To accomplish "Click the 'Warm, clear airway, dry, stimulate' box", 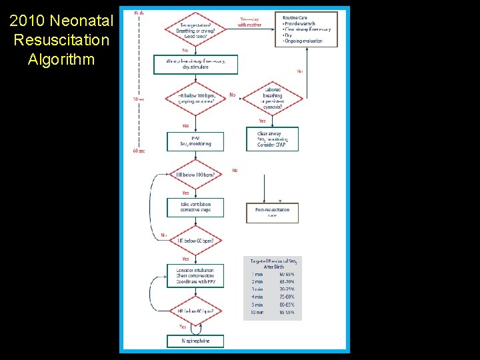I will pos(195,65).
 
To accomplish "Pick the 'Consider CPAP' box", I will pos(272,139).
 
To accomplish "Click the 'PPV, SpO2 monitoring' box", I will pos(195,141).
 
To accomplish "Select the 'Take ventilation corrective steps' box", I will pos(195,207).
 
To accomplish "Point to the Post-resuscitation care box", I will pos(272,213).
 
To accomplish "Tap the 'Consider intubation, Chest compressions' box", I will pos(195,276).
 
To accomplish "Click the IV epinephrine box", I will pos(195,341).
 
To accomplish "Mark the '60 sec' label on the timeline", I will pos(139,151).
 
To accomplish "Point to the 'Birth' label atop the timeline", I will pos(139,13).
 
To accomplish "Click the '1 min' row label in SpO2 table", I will pos(257,275).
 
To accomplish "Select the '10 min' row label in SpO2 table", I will pos(258,312).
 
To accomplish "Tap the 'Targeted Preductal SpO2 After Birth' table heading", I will pos(272,263).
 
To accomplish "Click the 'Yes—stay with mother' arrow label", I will pos(250,22).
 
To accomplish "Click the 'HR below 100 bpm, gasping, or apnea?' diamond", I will pos(195,99).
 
